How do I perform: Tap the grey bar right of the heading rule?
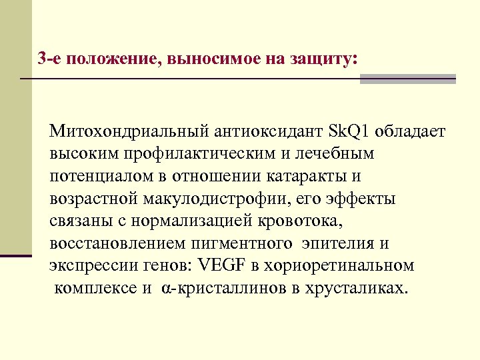coord(408,79)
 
